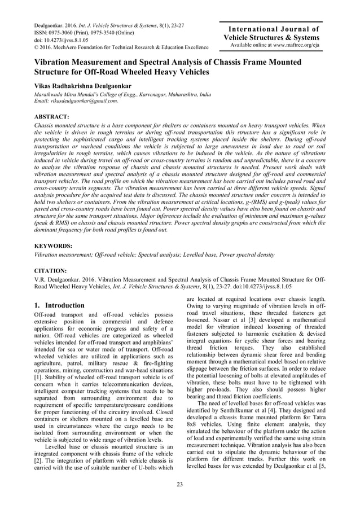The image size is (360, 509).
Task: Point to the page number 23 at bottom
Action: [180, 485]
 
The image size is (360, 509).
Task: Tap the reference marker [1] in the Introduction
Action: [38, 392]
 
